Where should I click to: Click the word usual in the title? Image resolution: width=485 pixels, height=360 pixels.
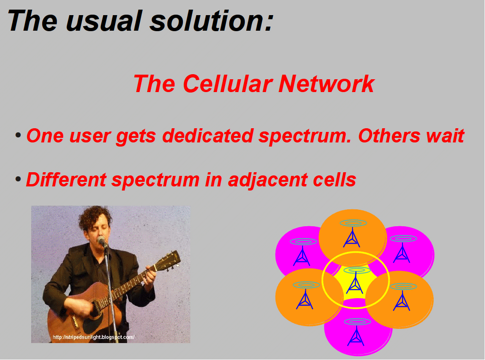[x=104, y=21]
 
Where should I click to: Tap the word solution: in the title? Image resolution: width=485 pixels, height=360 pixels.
[x=211, y=21]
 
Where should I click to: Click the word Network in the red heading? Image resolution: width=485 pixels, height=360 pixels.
[x=326, y=84]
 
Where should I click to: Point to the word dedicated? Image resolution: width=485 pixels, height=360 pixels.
[x=208, y=136]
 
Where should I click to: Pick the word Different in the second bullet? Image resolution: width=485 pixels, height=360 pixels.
[x=66, y=180]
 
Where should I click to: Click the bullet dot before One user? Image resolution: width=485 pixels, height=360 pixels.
[x=18, y=136]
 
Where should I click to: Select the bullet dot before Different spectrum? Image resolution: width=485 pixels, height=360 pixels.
[x=18, y=179]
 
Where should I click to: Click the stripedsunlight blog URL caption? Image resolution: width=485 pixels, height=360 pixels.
[x=94, y=337]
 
